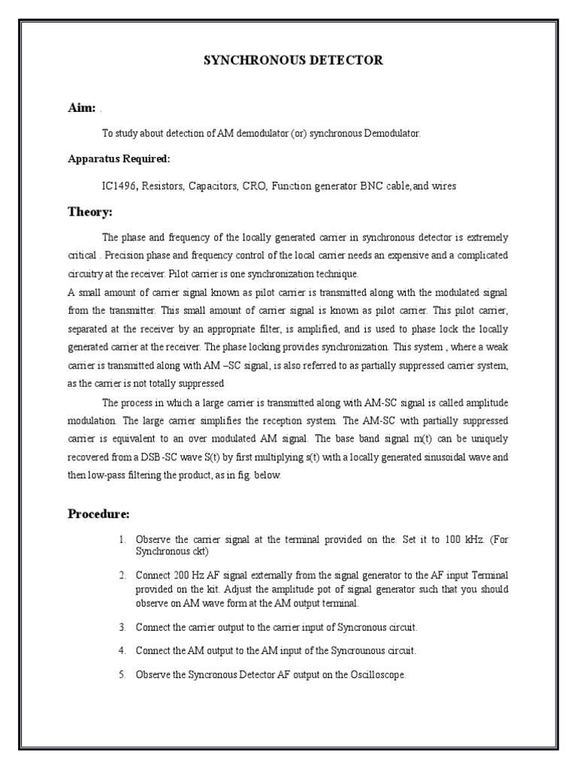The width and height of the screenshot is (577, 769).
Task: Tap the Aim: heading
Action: point(81,108)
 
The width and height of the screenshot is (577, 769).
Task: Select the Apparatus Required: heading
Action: point(119,159)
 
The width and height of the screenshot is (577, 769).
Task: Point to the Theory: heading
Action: point(89,213)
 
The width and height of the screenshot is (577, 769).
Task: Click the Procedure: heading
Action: point(98,514)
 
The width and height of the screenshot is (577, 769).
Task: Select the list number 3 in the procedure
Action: point(122,626)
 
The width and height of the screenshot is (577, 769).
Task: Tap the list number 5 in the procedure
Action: point(122,675)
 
